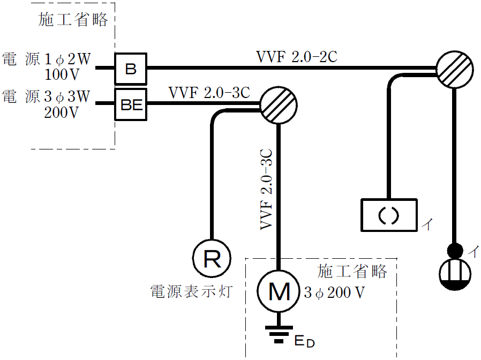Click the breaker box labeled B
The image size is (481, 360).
tap(131, 69)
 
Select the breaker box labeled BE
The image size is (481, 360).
tap(131, 104)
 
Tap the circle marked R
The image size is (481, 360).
tap(212, 260)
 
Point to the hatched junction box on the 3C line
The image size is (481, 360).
tap(278, 104)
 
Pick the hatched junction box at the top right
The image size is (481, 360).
tap(454, 69)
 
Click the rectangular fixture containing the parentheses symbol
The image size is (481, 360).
tap(388, 215)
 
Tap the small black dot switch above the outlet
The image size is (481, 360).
tap(455, 250)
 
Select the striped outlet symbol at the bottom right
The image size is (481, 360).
tap(455, 274)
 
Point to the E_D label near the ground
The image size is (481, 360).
tap(304, 340)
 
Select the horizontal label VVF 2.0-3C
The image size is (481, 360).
tap(209, 93)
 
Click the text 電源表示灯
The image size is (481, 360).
tap(191, 292)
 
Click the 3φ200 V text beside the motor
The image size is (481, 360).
tap(334, 293)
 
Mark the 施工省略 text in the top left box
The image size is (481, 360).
tap(73, 20)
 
